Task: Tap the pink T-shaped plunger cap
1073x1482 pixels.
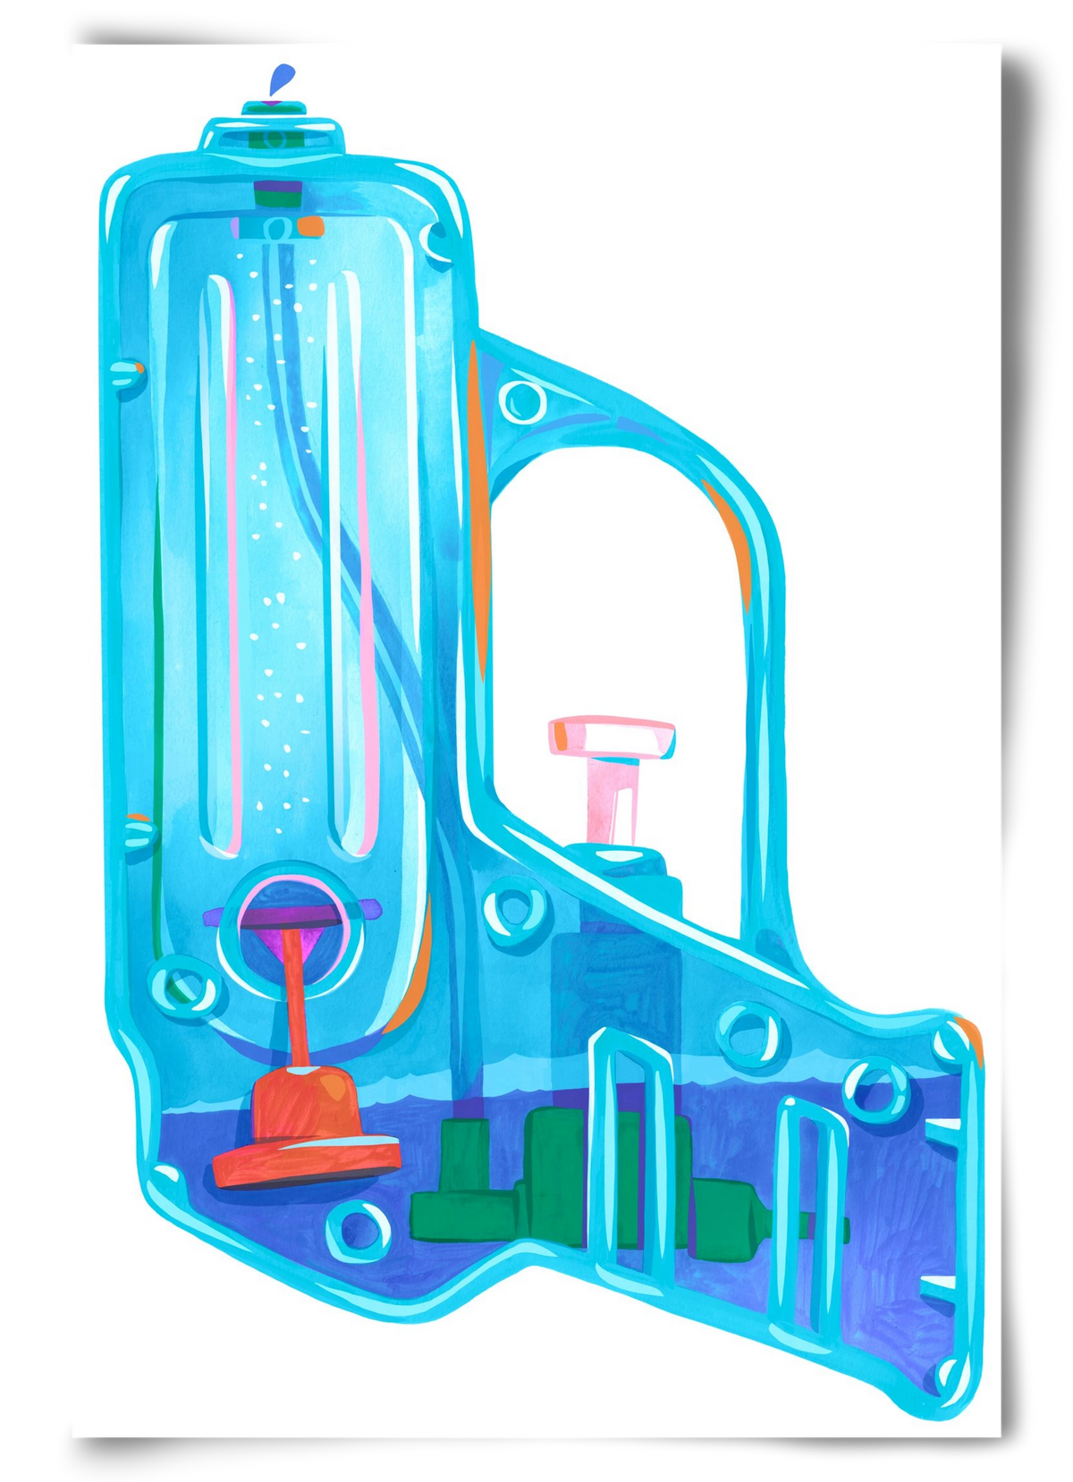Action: (612, 736)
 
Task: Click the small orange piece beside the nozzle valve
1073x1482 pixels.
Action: (308, 226)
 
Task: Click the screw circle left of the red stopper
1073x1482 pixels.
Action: (183, 988)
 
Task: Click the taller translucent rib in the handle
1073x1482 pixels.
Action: (630, 1162)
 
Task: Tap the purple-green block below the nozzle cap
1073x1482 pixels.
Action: (275, 193)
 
